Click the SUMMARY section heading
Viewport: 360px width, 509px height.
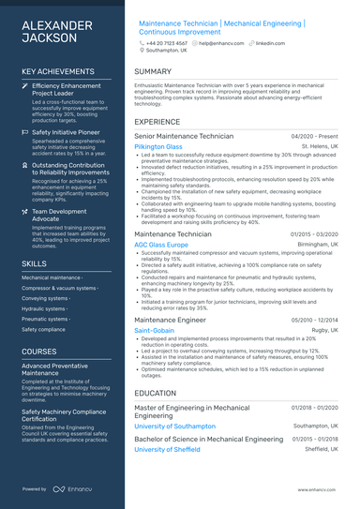(153, 71)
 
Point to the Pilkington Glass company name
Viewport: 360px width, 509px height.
(158, 147)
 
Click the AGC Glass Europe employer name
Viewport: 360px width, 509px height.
(161, 245)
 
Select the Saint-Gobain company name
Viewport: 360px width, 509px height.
(154, 331)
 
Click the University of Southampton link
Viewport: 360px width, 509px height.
(174, 427)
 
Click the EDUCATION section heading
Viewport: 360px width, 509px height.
(156, 394)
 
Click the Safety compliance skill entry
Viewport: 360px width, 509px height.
(43, 329)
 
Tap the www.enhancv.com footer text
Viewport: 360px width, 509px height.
(317, 489)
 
